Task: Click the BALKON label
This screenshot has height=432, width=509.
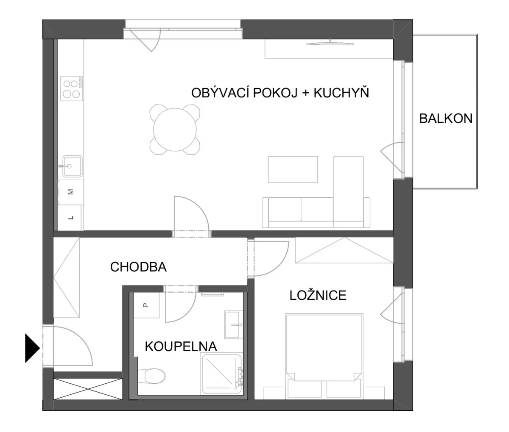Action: click(x=446, y=119)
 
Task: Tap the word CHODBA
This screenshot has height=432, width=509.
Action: click(x=138, y=267)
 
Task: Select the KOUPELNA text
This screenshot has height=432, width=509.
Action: click(x=181, y=346)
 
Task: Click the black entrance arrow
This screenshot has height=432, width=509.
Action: click(x=32, y=348)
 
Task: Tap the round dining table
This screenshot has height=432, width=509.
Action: click(x=175, y=130)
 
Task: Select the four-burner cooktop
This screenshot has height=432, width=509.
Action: click(x=71, y=89)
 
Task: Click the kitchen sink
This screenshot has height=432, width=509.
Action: click(x=72, y=166)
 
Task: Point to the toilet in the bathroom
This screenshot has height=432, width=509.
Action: click(x=151, y=376)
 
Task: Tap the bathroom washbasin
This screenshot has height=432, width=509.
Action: click(x=232, y=324)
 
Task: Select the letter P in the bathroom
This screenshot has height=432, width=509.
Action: click(x=146, y=305)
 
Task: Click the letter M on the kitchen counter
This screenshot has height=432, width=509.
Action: click(x=71, y=192)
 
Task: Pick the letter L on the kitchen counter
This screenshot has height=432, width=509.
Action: click(x=71, y=218)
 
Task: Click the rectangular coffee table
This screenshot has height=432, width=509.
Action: click(x=293, y=169)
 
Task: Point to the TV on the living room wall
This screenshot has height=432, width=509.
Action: click(x=330, y=43)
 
